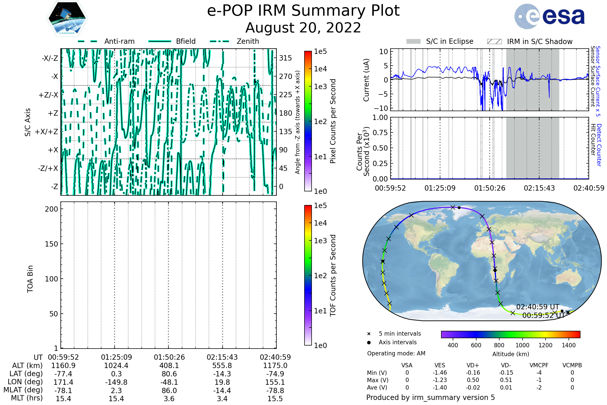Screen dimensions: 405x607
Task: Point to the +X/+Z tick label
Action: pyautogui.click(x=47, y=132)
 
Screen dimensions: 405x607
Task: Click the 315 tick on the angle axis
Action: pyautogui.click(x=285, y=58)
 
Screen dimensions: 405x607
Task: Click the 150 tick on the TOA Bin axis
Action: pyautogui.click(x=51, y=244)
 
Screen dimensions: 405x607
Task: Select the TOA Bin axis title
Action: pyautogui.click(x=30, y=279)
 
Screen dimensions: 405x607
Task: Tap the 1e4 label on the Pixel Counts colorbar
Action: pyautogui.click(x=320, y=69)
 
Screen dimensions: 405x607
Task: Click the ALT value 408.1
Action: pyautogui.click(x=169, y=366)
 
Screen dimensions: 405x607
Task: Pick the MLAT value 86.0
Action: pyautogui.click(x=169, y=391)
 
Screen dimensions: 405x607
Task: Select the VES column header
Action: pyautogui.click(x=440, y=366)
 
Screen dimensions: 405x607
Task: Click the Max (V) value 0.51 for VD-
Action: pyautogui.click(x=506, y=380)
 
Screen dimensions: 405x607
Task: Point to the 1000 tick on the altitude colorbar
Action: pyautogui.click(x=522, y=345)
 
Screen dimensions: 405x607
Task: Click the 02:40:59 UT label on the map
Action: pyautogui.click(x=538, y=307)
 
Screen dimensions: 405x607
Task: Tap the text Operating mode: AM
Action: pyautogui.click(x=396, y=353)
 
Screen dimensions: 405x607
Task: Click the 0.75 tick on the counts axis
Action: pyautogui.click(x=380, y=133)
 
